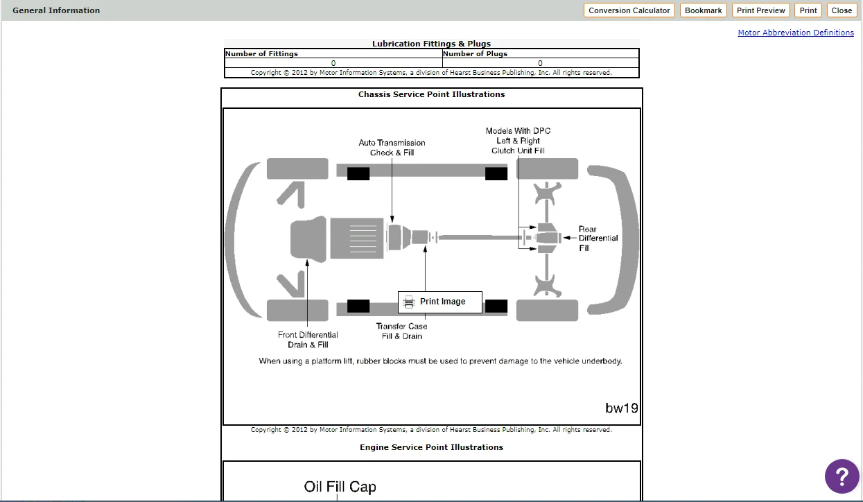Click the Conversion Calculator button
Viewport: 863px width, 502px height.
(629, 10)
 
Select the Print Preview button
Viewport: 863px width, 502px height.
(760, 10)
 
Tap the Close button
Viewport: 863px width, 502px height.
(842, 10)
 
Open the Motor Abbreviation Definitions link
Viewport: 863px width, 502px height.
(795, 33)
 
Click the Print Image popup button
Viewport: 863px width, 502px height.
(440, 302)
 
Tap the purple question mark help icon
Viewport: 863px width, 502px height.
(842, 476)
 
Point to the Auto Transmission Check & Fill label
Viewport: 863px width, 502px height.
(392, 148)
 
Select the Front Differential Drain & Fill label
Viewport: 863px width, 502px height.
(308, 340)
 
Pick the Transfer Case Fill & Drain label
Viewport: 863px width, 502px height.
(401, 331)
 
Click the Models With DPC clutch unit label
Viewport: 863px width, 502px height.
(518, 141)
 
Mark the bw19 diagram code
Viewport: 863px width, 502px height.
(621, 408)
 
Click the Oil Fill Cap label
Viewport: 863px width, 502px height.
(340, 487)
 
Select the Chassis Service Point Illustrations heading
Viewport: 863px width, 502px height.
(431, 94)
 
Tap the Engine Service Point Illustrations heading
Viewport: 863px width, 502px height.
(431, 447)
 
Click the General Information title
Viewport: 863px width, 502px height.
(56, 10)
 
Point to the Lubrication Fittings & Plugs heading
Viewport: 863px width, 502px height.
(431, 44)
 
